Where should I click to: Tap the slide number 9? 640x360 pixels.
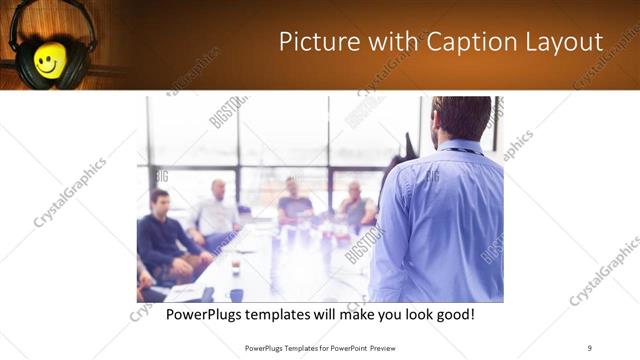click(x=589, y=347)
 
